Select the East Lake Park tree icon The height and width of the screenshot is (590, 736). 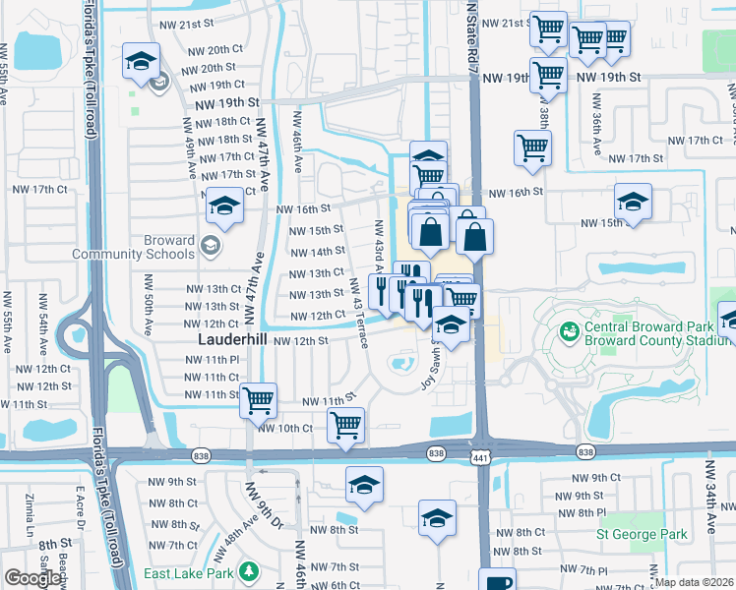click(250, 570)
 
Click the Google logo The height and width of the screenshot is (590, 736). click(32, 579)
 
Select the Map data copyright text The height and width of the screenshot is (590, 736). click(694, 582)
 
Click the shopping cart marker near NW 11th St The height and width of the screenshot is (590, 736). click(258, 399)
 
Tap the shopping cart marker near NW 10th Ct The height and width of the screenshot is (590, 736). click(345, 425)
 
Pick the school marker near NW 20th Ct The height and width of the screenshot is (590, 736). click(142, 61)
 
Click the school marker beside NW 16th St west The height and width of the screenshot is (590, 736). click(224, 206)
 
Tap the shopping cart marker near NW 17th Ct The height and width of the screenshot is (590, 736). click(532, 147)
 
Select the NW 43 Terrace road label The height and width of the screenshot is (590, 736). click(362, 304)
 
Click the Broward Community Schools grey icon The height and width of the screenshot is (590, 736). click(210, 245)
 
